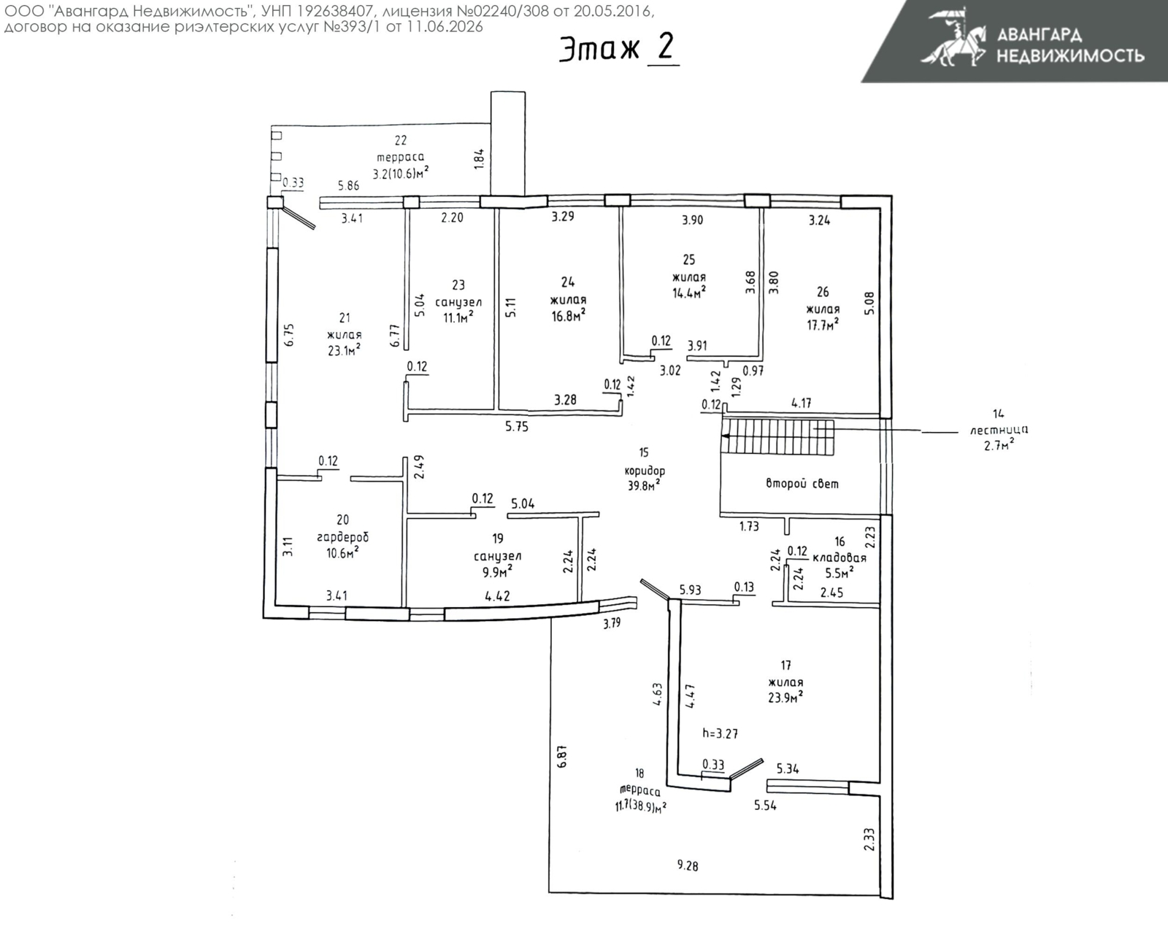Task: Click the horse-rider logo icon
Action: click(x=953, y=38)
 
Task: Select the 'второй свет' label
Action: click(x=802, y=483)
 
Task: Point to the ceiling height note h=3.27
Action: click(x=720, y=733)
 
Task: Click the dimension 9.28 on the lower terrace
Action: click(x=688, y=865)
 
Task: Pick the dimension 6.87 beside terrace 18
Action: click(x=562, y=755)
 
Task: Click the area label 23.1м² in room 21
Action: click(x=344, y=350)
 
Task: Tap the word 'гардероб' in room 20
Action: click(x=342, y=537)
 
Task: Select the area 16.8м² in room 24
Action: click(x=568, y=315)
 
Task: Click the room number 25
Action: click(x=688, y=260)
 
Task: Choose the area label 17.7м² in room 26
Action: click(x=823, y=324)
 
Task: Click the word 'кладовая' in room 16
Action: click(x=839, y=557)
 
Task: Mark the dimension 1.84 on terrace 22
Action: click(x=479, y=159)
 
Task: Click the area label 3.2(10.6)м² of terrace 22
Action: click(x=401, y=173)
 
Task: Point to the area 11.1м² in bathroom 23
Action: click(x=458, y=317)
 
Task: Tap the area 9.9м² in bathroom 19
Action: click(x=497, y=571)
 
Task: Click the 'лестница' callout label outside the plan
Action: click(x=999, y=430)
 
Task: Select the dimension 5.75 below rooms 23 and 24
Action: click(x=516, y=427)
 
